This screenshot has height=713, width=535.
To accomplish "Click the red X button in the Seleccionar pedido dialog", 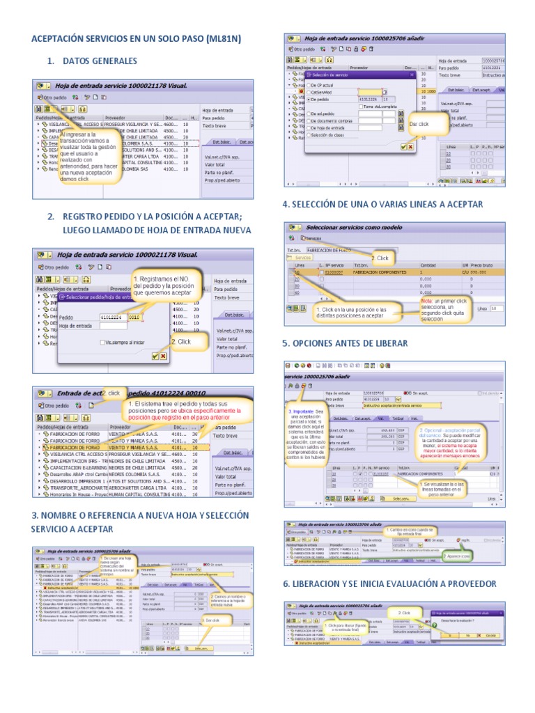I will click(164, 356).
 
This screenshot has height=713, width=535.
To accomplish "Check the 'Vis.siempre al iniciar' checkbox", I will click(102, 343).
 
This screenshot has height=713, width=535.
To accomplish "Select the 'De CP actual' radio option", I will click(309, 84).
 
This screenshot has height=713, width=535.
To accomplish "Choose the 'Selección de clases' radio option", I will click(309, 134).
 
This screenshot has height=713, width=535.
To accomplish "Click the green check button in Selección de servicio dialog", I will click(403, 146).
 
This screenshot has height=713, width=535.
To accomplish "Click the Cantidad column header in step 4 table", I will click(428, 265).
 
